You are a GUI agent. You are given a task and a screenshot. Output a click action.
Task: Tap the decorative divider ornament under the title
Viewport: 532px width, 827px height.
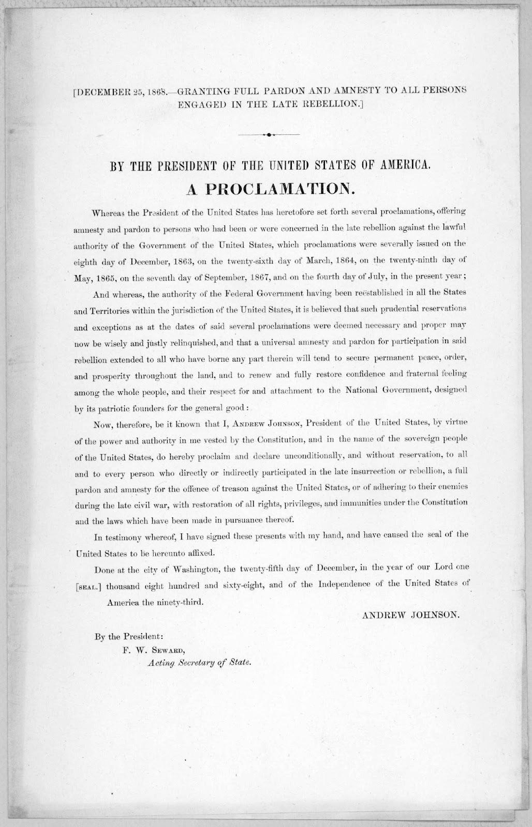coord(269,135)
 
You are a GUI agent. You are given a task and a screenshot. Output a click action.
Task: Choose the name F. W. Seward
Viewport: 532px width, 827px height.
coord(154,651)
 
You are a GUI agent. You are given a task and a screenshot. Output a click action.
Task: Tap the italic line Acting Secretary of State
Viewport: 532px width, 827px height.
coord(193,663)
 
